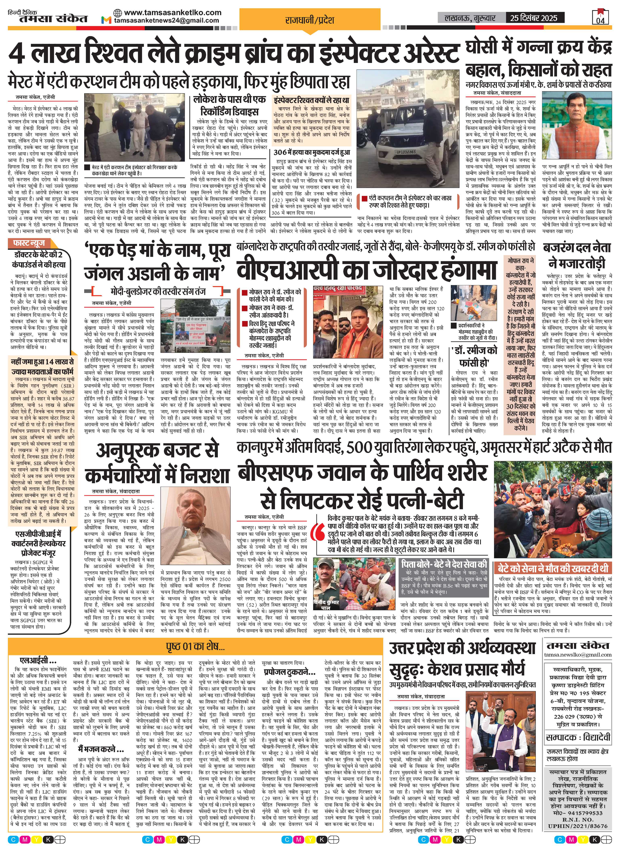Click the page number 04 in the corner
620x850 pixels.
[x=600, y=20]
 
